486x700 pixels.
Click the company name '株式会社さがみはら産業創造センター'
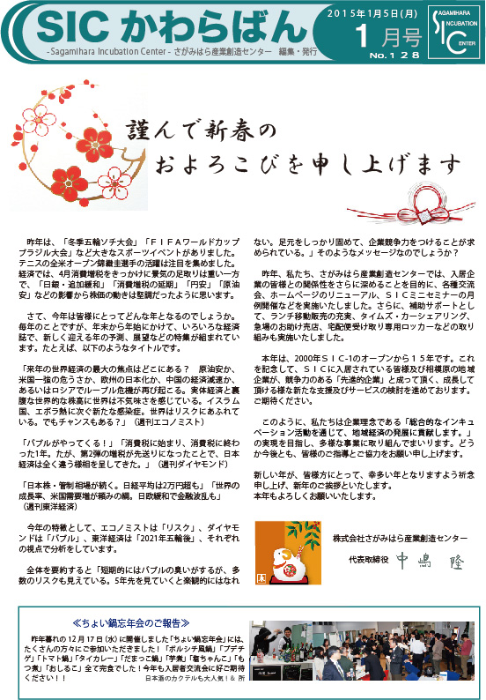click(401, 538)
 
